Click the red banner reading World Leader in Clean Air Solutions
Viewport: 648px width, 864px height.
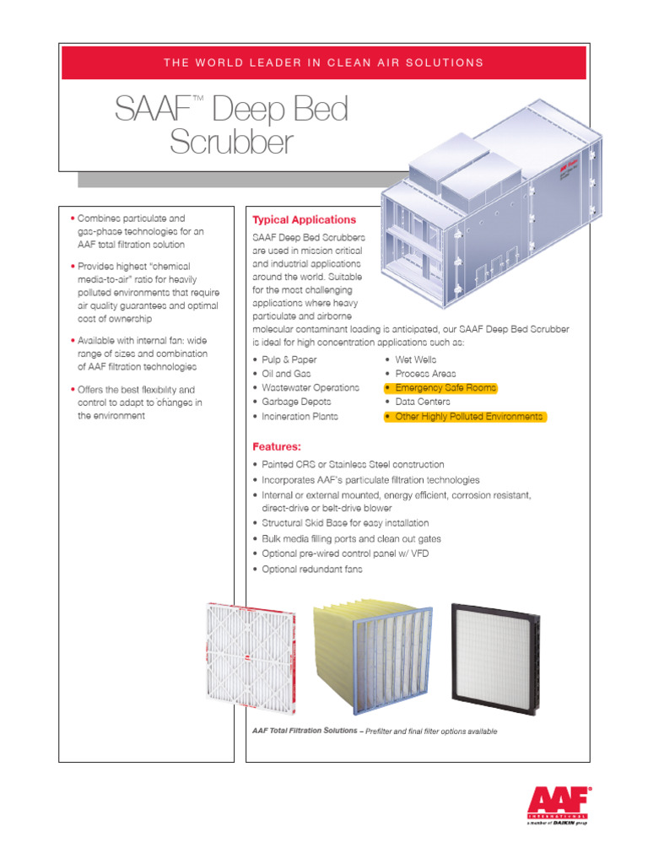click(x=323, y=62)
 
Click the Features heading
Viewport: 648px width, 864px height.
click(x=277, y=445)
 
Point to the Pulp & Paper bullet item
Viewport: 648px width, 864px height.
click(x=289, y=359)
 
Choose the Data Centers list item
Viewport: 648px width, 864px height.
click(x=422, y=402)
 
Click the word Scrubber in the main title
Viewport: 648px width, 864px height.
click(x=231, y=143)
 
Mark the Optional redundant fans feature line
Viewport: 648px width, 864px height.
click(x=310, y=570)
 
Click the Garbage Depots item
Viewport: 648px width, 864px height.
click(x=295, y=402)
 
